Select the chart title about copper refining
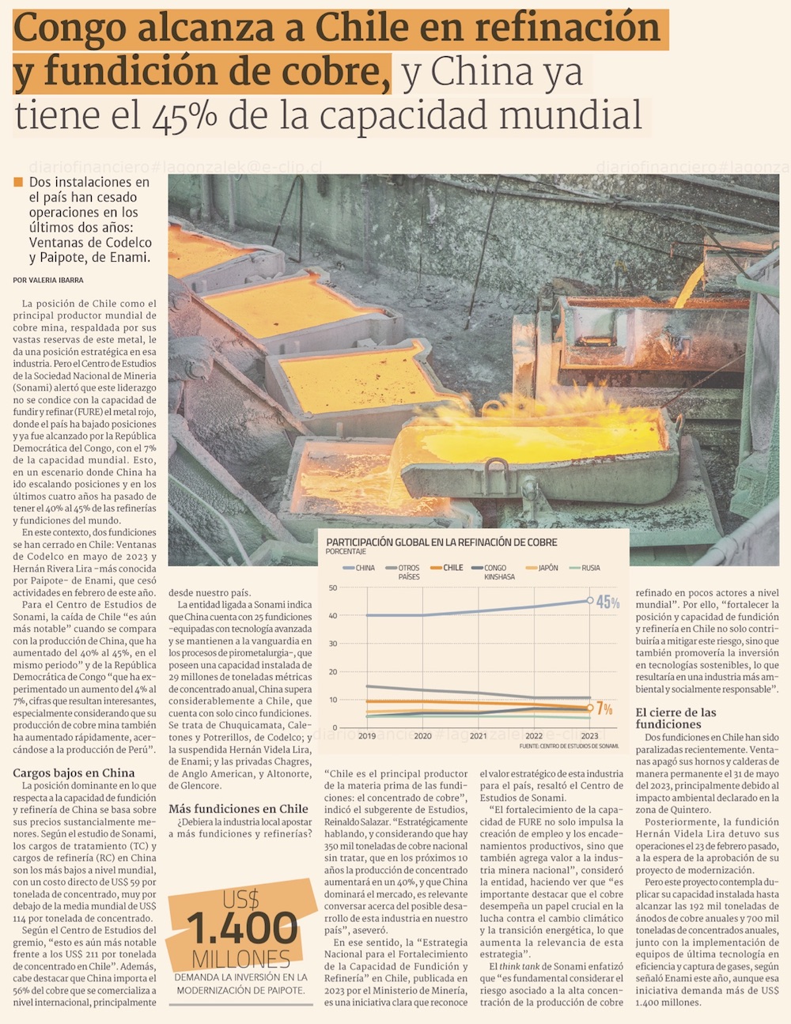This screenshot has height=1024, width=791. point(441,542)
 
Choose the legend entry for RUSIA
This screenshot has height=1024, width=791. point(590,568)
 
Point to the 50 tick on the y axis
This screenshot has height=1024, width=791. point(332,588)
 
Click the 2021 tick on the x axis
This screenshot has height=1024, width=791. point(479,735)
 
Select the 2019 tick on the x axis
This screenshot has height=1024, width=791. point(367,735)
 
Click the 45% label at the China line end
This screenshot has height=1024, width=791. point(607,603)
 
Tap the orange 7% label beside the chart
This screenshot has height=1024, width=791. point(604,708)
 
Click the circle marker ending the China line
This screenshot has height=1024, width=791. point(590,600)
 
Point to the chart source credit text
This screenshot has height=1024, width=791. point(569,746)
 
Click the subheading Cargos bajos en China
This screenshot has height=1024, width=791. point(74,773)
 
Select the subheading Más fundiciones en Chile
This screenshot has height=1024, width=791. point(238,808)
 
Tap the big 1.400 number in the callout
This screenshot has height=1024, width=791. point(241,928)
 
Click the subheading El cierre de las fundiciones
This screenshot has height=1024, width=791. point(676,718)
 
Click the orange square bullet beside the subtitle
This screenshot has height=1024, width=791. point(18,183)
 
